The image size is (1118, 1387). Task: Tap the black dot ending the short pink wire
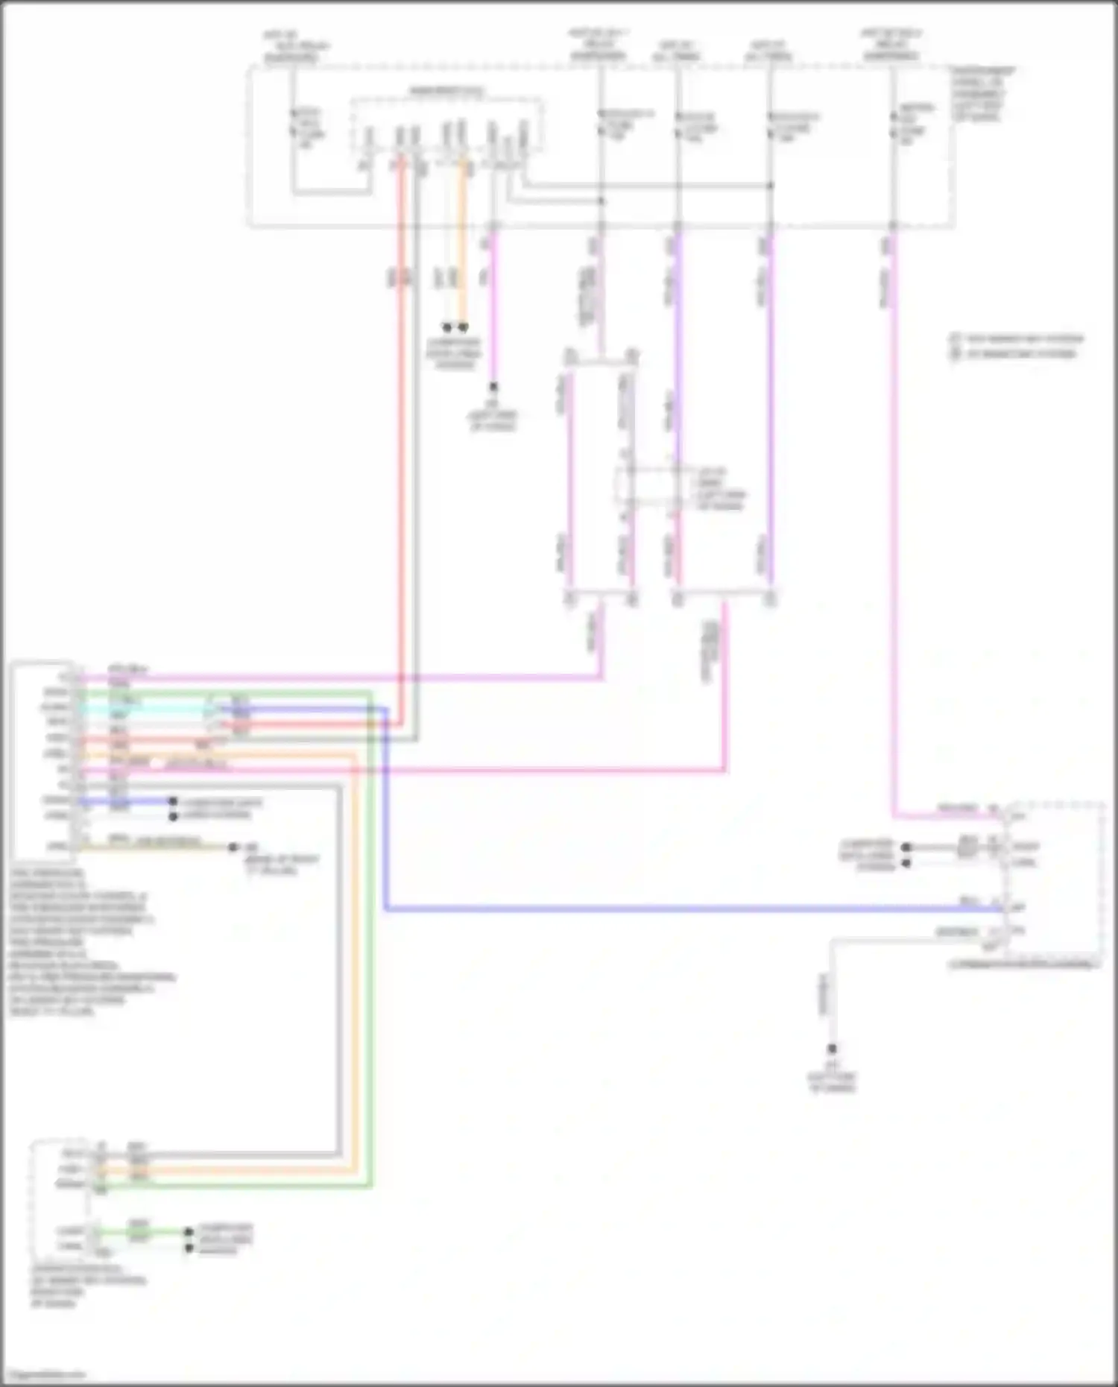[493, 388]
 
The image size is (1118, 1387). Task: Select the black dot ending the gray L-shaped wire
[833, 1049]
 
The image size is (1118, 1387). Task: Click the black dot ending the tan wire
[233, 847]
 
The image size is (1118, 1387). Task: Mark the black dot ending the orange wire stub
[464, 327]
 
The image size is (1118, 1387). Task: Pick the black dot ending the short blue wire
[173, 802]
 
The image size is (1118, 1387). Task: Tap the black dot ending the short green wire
[189, 1232]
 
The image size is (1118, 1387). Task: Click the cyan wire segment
[149, 708]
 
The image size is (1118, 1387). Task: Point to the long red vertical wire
[401, 447]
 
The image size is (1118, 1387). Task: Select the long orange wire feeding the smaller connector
[356, 969]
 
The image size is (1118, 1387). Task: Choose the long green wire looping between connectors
[371, 969]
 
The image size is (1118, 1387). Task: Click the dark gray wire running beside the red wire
[416, 447]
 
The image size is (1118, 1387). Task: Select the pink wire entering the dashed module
[893, 522]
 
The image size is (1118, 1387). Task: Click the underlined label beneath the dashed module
[1023, 964]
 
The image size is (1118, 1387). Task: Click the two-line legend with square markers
[1017, 346]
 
